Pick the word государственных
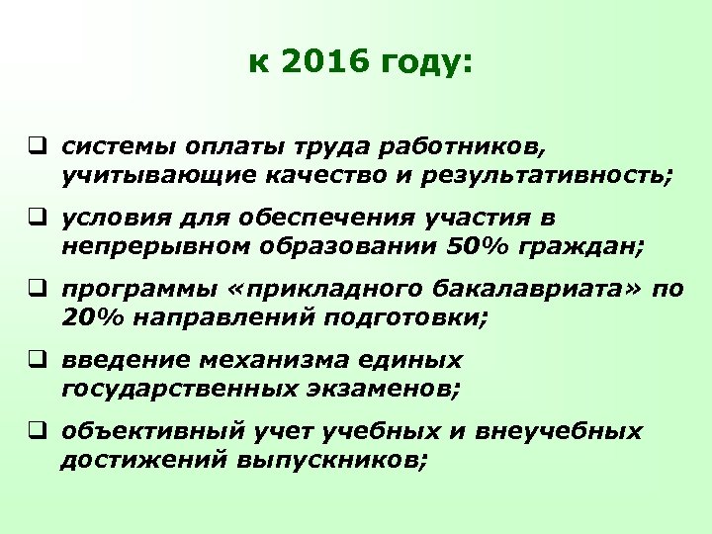[x=158, y=390]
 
